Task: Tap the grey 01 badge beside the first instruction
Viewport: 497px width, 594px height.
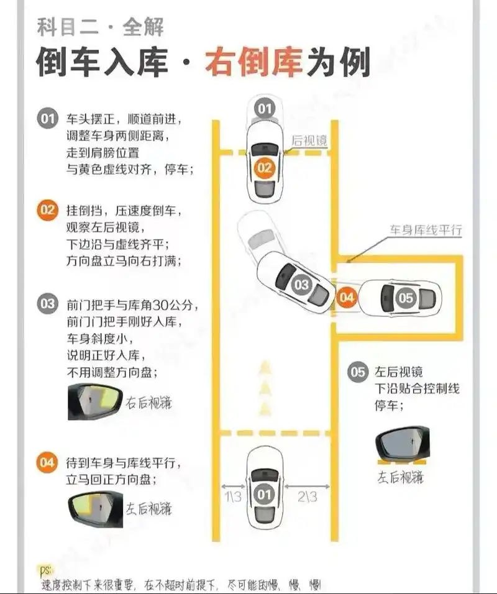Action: [48, 119]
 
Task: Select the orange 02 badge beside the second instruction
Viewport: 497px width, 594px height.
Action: [48, 209]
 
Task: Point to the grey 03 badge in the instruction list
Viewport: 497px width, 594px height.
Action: [48, 304]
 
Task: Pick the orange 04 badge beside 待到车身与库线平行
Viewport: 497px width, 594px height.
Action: [48, 463]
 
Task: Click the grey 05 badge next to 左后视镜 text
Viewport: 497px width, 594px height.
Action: [358, 372]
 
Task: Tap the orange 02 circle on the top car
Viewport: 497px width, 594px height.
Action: [265, 168]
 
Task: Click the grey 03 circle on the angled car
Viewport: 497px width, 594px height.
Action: [301, 285]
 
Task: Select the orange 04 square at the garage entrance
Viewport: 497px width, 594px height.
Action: [347, 298]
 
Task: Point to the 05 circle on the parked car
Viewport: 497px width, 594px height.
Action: [405, 298]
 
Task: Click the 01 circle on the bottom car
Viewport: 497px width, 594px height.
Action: [265, 495]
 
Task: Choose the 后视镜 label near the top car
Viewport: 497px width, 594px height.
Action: [309, 141]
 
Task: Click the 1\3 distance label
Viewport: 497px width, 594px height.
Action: [234, 496]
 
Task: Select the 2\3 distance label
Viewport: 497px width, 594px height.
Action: [306, 496]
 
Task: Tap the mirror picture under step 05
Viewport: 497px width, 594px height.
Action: [403, 445]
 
